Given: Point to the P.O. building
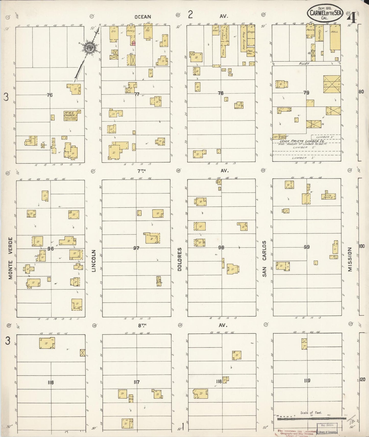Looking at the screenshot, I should tap(148, 31).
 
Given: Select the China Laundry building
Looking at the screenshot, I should tap(328, 196).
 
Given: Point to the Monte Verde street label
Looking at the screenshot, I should tap(10, 258).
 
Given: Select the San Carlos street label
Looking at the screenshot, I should tap(264, 259).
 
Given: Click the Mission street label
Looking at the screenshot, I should tap(350, 259).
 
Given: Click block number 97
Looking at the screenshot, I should tap(136, 248).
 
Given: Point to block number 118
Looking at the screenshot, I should tap(219, 381).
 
